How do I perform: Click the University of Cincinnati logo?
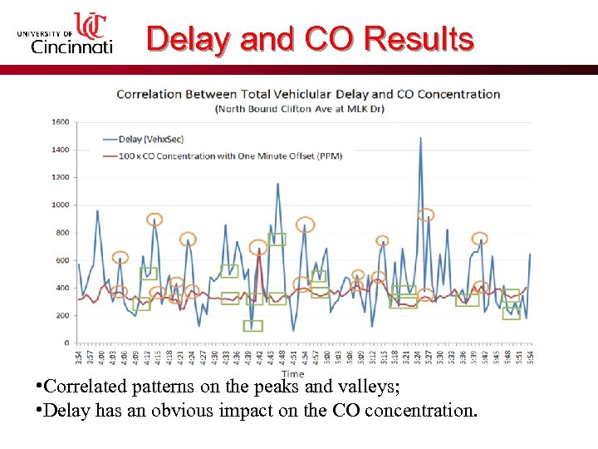pyautogui.click(x=65, y=34)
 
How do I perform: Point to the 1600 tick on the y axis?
pyautogui.click(x=61, y=122)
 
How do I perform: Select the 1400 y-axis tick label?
pyautogui.click(x=61, y=150)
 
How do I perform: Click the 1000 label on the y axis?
pyautogui.click(x=61, y=205)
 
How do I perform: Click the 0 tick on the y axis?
pyautogui.click(x=66, y=343)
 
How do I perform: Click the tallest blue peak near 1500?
pyautogui.click(x=421, y=139)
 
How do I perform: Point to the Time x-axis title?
pyautogui.click(x=292, y=375)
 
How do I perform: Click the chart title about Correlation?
pyautogui.click(x=308, y=94)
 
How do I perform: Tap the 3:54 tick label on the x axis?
pyautogui.click(x=79, y=356)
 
